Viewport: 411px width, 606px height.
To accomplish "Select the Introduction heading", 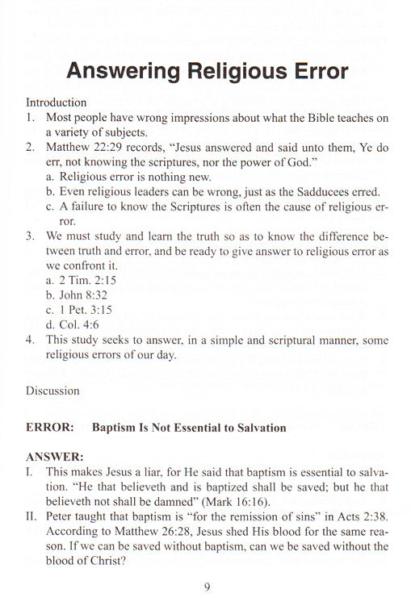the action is pos(56,102).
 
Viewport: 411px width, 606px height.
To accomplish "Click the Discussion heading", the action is pos(52,391).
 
